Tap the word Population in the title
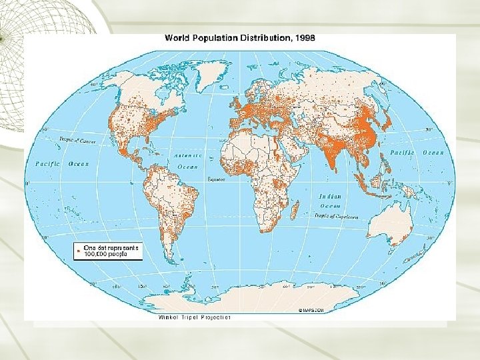click(214, 38)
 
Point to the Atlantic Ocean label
click(187, 160)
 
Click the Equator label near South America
click(217, 179)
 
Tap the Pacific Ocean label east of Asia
click(417, 153)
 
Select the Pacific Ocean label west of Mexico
click(61, 163)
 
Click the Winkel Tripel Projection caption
click(194, 317)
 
